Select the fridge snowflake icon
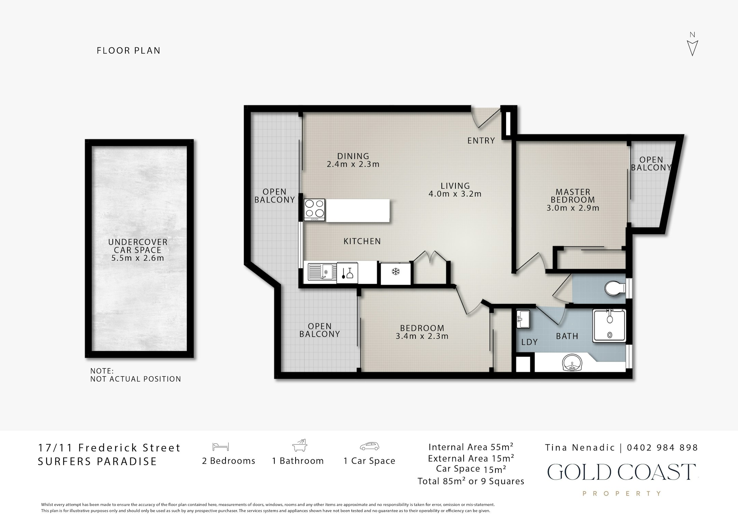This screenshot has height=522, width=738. tap(395, 272)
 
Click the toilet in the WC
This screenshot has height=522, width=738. tap(614, 289)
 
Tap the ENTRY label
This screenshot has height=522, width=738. tap(481, 140)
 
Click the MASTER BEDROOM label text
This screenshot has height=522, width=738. tap(573, 196)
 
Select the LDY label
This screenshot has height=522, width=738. tap(530, 342)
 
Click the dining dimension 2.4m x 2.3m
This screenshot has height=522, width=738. tap(353, 164)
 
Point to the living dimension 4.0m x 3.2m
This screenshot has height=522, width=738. tap(455, 194)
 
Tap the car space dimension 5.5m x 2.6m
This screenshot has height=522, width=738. tap(138, 258)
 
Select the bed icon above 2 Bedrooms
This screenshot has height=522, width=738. tap(220, 447)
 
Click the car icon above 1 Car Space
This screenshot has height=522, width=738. tap(369, 446)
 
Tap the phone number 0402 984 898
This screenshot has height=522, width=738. tap(662, 447)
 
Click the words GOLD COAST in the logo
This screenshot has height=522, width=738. tap(621, 472)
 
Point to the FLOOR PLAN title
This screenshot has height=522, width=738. tap(128, 51)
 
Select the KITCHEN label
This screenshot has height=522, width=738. tap(362, 241)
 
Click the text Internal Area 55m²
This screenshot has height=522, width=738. tap(471, 447)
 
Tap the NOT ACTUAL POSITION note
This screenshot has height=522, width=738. tap(136, 379)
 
